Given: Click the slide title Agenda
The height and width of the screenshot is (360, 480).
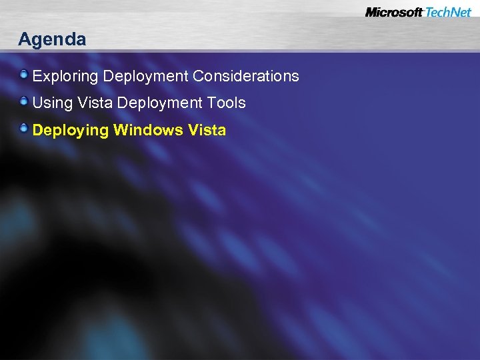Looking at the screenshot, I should (x=52, y=39).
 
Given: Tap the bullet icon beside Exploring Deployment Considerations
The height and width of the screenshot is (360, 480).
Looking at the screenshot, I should (x=24, y=75).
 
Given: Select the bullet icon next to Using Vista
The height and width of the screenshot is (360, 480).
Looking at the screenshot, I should (x=24, y=101).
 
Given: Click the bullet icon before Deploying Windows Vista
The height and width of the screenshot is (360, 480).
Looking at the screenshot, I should (x=24, y=128).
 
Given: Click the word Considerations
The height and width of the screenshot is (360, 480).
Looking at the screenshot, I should (x=246, y=77).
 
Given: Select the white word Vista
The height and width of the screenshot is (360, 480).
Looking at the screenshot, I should (x=86, y=103).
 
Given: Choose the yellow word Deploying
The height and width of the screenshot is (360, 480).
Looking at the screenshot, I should (x=70, y=130).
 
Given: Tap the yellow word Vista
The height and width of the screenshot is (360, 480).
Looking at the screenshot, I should (x=207, y=130).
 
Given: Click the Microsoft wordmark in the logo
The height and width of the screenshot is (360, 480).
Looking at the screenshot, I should (x=394, y=12).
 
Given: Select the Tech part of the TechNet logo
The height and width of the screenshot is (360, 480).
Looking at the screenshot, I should (x=436, y=12).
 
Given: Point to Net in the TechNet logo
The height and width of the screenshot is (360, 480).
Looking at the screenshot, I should (x=461, y=12).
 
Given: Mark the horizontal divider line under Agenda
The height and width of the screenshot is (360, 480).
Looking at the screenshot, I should (x=240, y=51).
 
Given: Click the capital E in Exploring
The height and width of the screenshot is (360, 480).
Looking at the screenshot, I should (x=37, y=77).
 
